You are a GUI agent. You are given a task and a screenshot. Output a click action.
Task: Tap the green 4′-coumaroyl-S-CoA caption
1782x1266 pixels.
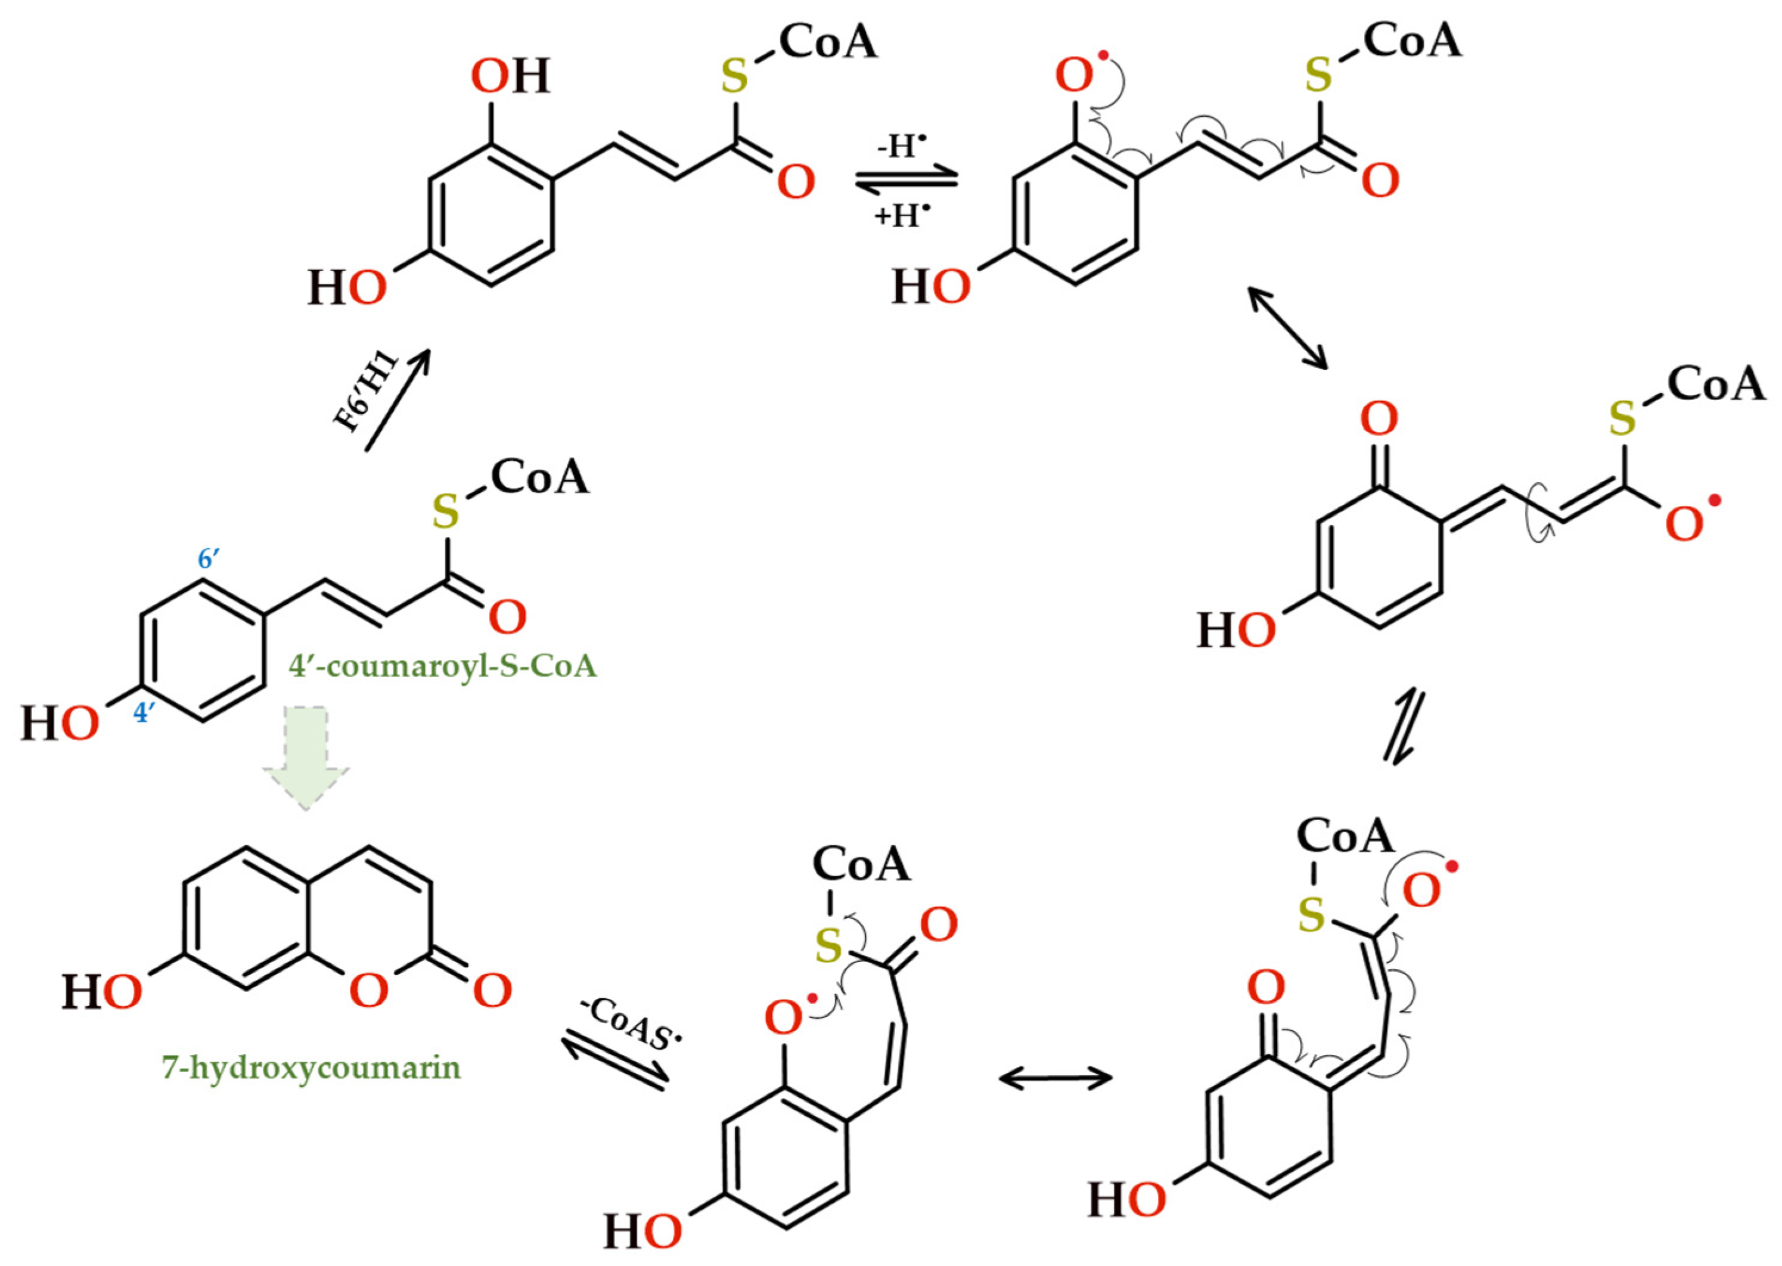[x=442, y=666]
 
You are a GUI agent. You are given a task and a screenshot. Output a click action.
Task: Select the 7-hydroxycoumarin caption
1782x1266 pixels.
[x=311, y=1066]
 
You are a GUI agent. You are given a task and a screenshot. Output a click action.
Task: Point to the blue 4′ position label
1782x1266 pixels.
[x=142, y=712]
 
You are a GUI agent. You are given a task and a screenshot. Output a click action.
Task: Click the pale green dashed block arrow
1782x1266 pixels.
[x=306, y=757]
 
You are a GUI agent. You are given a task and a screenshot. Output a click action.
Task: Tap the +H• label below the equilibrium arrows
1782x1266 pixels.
[x=902, y=215]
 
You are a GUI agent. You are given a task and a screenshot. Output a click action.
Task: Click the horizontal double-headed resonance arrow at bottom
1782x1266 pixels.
[x=1055, y=1078]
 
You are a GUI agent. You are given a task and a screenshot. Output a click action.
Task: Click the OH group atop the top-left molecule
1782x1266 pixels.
[x=511, y=76]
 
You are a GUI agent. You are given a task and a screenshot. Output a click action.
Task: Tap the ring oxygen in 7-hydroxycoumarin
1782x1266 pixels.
[x=368, y=990]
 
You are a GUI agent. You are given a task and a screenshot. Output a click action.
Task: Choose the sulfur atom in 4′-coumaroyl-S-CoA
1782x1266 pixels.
[x=445, y=512]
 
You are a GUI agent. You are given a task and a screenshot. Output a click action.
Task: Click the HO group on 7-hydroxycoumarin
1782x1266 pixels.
[x=102, y=992]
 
